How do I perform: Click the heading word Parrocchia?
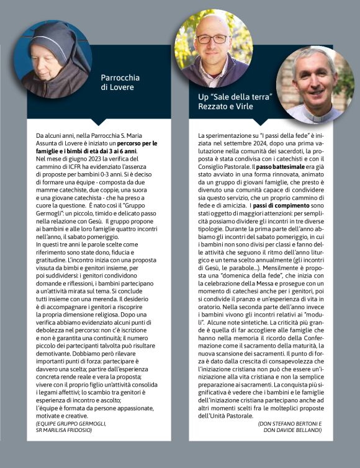tap(120, 78)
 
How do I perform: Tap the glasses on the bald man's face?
tap(212, 39)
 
